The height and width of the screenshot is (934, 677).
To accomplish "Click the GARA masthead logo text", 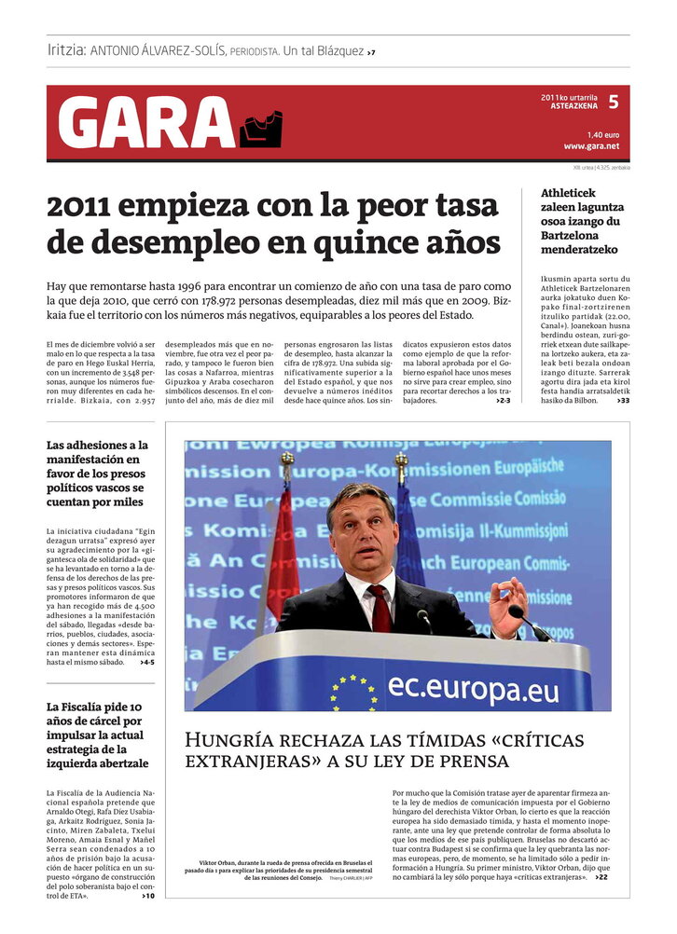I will point(145,124).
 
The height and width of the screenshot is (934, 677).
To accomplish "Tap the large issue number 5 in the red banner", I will point(613,102).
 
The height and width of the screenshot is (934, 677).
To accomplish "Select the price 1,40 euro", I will point(602,134).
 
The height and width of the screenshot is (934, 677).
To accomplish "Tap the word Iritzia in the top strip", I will point(66,50).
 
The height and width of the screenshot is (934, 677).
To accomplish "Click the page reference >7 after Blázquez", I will point(371,52).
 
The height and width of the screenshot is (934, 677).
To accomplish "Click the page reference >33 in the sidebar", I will point(622,401).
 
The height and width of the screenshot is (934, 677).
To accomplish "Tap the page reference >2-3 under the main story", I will point(503,401).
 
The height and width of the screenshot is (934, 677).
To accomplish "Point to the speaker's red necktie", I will point(380,607).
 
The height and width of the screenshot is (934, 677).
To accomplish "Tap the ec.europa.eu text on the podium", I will point(474,687).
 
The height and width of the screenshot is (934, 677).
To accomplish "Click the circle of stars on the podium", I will point(352,693).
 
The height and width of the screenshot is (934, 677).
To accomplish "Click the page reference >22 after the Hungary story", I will point(601,877).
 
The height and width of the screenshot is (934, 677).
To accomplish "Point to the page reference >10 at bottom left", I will point(147,896).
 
